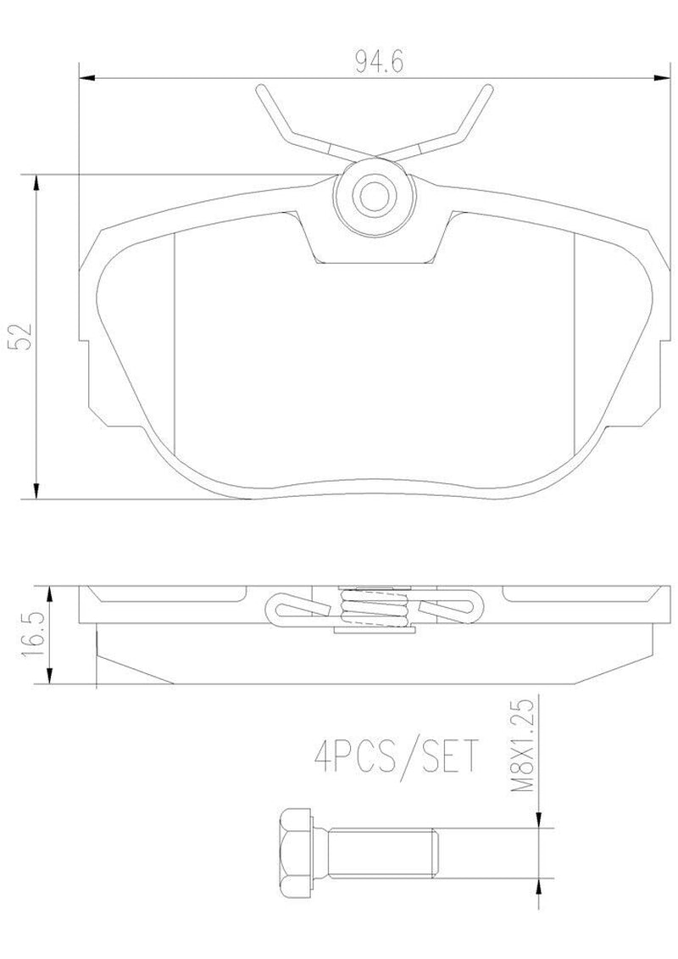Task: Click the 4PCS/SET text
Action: pyautogui.click(x=394, y=758)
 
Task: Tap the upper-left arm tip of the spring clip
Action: pyautogui.click(x=260, y=89)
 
